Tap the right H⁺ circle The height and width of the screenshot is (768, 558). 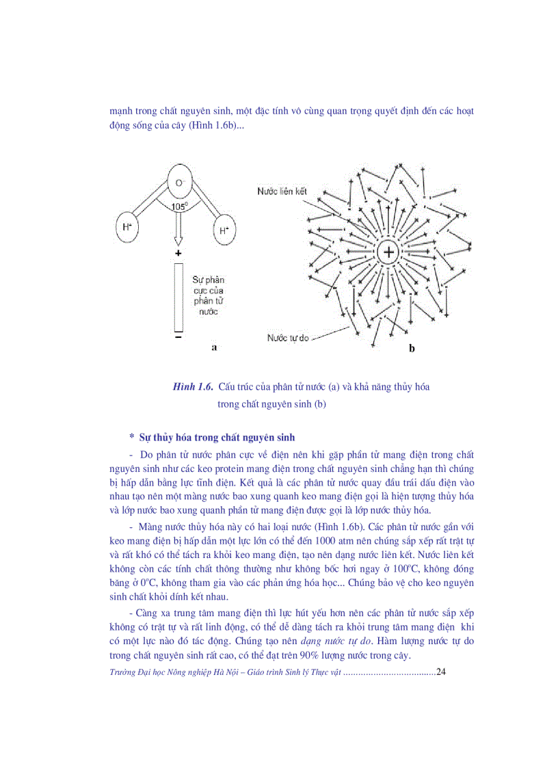224,230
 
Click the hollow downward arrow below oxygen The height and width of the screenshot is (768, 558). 178,229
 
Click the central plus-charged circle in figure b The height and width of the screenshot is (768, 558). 388,252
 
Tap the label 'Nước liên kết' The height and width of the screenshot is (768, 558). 282,192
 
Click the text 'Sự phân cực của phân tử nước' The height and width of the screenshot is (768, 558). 209,295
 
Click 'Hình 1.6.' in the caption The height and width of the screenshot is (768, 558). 194,387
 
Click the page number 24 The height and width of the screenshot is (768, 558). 440,672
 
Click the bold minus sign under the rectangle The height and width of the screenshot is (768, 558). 178,337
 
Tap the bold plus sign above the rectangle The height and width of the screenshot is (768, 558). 178,253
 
